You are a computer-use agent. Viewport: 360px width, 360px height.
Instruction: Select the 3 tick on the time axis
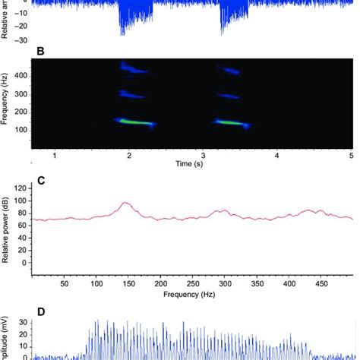click(203, 154)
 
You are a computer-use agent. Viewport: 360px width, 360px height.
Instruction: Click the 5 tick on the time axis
click(350, 154)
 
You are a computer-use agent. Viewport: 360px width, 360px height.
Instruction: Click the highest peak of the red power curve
click(125, 203)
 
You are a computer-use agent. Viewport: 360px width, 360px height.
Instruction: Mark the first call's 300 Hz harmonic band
click(133, 95)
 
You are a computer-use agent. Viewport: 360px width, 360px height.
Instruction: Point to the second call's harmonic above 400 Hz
click(229, 71)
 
